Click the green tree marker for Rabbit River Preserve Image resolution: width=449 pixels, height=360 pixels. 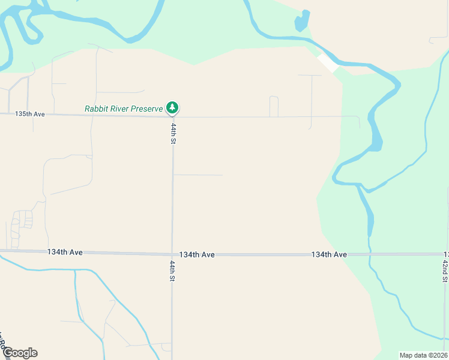pos(173,108)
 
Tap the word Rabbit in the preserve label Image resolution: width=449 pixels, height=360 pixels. pos(97,109)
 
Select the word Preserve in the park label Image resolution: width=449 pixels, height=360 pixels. pos(148,109)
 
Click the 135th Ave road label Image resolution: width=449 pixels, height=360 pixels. pos(31,113)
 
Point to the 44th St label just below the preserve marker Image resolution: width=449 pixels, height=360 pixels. pos(173,134)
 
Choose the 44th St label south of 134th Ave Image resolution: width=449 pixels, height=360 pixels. pos(172,271)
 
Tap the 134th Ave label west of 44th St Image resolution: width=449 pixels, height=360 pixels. pos(65,253)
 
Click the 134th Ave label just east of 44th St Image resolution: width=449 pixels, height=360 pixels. pos(197,255)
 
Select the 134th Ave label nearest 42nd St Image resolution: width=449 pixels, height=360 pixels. pos(329,255)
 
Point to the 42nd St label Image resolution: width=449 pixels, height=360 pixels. pos(445,271)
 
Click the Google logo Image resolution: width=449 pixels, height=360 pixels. pos(20,353)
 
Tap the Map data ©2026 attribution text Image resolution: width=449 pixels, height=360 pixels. pos(423,355)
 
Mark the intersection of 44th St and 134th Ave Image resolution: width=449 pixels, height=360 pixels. pos(172,254)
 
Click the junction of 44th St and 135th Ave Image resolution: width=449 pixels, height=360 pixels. pos(173,116)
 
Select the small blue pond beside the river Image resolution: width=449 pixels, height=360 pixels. pos(301,22)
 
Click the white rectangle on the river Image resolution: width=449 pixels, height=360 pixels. pos(328,62)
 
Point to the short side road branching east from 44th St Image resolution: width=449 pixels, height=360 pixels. pos(198,175)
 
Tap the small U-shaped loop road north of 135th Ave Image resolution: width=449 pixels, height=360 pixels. pos(274,105)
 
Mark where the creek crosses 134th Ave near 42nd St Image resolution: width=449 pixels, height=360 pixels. pos(370,255)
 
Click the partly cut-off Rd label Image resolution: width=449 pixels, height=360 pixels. pos(2,342)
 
